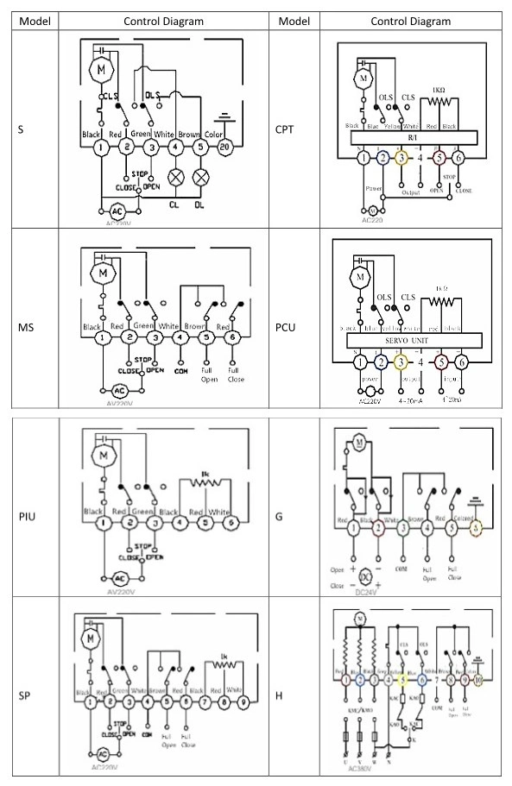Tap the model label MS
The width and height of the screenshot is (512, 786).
[x=27, y=328]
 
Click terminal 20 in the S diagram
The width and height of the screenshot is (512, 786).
[x=224, y=148]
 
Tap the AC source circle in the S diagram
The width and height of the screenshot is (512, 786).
[x=115, y=211]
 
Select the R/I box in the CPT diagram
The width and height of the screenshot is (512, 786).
[x=411, y=138]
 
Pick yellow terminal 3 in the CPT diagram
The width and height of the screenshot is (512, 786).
[x=401, y=158]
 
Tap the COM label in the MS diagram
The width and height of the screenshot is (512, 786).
[x=177, y=372]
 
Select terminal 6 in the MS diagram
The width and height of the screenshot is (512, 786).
[x=234, y=337]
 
